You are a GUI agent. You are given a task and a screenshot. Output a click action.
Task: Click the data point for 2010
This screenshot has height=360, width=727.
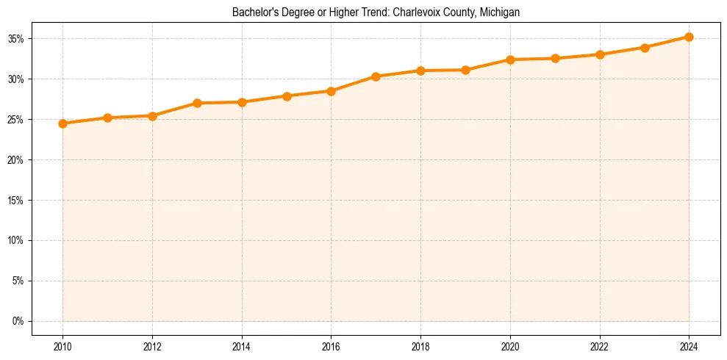(x=62, y=123)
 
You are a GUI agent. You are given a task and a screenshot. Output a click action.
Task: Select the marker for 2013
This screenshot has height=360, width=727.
(x=197, y=103)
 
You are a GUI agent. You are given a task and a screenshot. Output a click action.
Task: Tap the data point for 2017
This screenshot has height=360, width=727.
(x=376, y=76)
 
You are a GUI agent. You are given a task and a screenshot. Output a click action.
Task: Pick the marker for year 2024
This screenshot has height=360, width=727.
(x=689, y=37)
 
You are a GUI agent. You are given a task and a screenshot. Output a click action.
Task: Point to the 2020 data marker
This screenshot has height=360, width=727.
(x=510, y=60)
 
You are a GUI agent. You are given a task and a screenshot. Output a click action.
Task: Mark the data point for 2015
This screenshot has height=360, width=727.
(x=287, y=96)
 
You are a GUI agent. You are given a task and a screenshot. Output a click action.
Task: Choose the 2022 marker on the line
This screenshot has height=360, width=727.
(x=600, y=54)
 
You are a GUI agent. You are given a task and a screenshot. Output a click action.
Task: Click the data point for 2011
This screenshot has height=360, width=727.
(x=107, y=118)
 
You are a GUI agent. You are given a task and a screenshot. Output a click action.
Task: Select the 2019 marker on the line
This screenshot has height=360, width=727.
(x=465, y=70)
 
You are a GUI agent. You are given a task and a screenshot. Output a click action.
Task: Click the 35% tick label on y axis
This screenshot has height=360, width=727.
(x=16, y=38)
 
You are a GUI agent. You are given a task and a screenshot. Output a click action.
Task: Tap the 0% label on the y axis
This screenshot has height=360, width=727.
(x=18, y=321)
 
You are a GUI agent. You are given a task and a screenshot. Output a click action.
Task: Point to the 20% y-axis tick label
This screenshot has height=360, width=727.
(x=16, y=159)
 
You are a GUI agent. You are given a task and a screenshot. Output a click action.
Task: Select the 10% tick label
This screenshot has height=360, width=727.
(x=16, y=240)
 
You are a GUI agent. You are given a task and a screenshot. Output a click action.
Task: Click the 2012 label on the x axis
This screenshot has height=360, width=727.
(x=152, y=345)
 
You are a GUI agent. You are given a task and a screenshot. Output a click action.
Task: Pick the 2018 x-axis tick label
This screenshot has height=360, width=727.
(x=420, y=345)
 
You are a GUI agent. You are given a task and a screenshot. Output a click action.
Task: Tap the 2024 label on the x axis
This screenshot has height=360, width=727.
(x=689, y=345)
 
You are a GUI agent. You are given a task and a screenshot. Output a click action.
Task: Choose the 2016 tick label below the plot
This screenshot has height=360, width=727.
(x=331, y=345)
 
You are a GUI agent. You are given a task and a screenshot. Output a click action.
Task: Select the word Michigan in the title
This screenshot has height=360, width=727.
(x=500, y=12)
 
